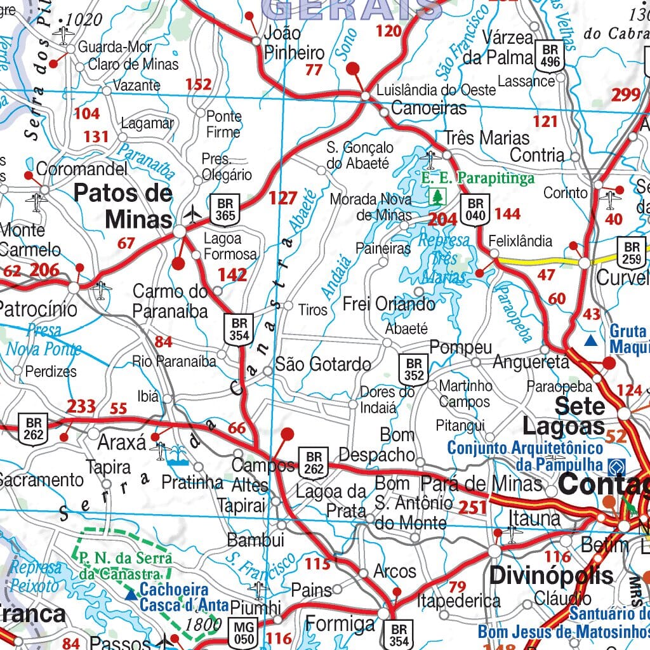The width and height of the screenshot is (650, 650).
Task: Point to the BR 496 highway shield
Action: click(x=549, y=56)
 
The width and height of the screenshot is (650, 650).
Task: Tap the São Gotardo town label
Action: click(x=323, y=364)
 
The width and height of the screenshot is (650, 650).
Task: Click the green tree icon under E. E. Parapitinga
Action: click(x=437, y=196)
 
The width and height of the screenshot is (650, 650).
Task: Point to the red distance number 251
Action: click(x=472, y=507)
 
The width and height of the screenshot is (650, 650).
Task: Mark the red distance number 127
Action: click(x=282, y=198)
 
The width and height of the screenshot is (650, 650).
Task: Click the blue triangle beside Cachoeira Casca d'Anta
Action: click(x=131, y=595)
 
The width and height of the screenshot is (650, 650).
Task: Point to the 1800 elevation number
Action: click(x=204, y=624)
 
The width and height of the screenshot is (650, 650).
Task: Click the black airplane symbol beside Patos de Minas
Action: click(x=192, y=214)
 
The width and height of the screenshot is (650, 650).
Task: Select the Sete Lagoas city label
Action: click(x=571, y=415)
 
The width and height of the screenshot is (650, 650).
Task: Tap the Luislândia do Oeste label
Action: click(x=436, y=90)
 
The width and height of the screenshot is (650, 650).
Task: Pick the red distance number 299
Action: click(x=626, y=95)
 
